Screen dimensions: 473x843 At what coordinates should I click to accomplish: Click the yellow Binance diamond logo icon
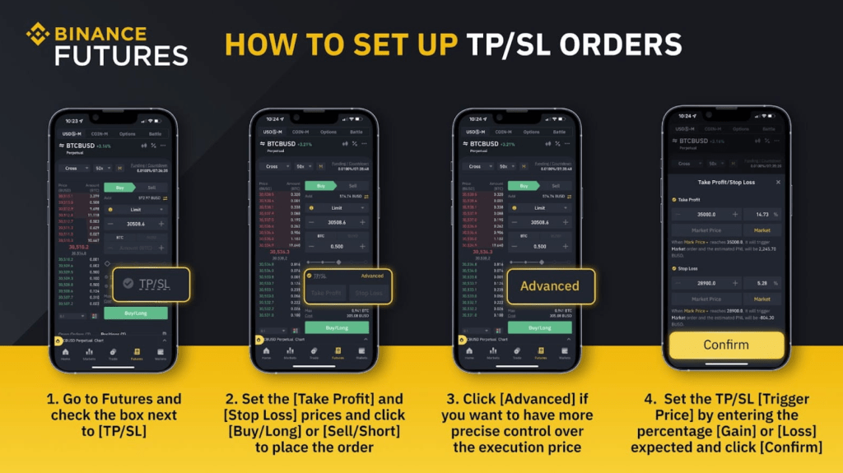(38, 35)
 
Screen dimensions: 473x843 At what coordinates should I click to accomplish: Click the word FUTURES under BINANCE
(120, 55)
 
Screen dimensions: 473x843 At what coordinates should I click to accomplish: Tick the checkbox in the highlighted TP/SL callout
(128, 285)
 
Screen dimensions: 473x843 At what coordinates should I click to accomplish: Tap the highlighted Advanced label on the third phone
(549, 286)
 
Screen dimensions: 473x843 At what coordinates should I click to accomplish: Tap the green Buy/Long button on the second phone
(337, 327)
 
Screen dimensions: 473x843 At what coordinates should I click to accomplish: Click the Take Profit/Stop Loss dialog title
(725, 182)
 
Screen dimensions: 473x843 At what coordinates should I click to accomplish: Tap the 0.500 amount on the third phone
(540, 246)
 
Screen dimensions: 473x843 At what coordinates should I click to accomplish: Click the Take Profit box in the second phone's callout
(326, 293)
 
